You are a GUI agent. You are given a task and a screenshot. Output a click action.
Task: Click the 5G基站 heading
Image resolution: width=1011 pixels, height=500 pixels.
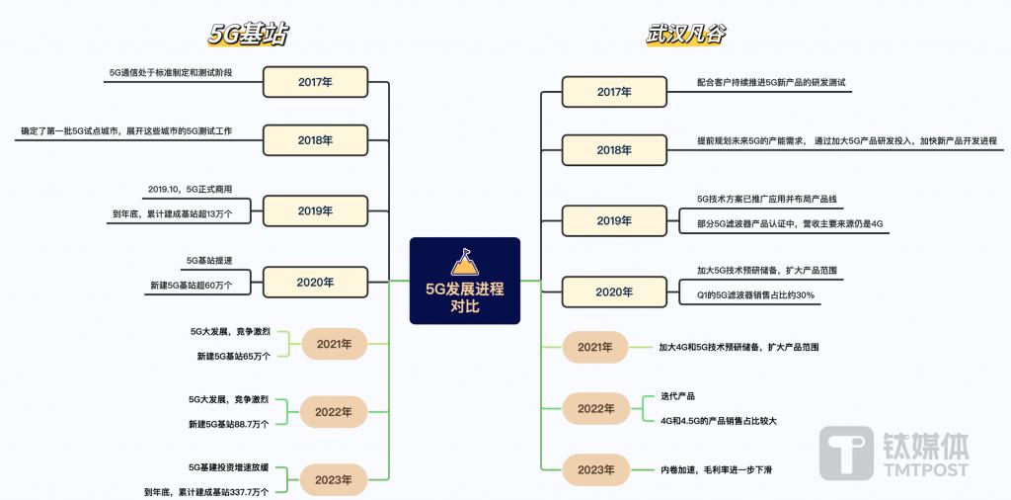point(247,35)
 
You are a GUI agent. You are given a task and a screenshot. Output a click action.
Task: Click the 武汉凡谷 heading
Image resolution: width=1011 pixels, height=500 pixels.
point(685,35)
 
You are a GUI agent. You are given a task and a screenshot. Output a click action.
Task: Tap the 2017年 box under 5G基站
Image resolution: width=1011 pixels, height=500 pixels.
point(315,82)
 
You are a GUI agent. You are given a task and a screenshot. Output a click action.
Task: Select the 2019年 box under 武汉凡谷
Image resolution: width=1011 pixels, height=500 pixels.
point(614,220)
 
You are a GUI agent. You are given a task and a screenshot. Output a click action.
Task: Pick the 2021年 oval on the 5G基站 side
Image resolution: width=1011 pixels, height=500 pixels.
point(334,344)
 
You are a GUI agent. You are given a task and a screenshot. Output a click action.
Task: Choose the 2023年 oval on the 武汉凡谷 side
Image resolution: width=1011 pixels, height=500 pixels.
point(595,469)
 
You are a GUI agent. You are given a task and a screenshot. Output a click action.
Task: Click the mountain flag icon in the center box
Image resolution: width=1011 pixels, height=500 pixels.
point(464,262)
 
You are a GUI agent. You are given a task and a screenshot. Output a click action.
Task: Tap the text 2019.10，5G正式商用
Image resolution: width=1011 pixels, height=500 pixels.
point(190,189)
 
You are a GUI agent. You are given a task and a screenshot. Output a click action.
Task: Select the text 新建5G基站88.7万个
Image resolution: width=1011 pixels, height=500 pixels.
point(229,423)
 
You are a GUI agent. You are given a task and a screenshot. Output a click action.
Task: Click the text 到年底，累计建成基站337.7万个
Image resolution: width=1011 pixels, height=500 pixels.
point(206,492)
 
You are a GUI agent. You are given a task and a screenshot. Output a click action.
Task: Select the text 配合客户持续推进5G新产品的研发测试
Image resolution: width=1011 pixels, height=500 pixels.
point(771,82)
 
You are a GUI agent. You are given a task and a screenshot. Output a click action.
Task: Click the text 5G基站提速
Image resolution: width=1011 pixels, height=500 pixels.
point(209,260)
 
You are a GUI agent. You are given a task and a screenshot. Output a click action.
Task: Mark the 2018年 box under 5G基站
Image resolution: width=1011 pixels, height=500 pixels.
point(315,140)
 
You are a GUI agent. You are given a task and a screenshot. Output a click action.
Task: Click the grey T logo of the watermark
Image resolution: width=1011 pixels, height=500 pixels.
point(846,453)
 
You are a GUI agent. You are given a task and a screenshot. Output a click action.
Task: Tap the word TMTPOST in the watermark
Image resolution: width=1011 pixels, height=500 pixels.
point(925,469)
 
